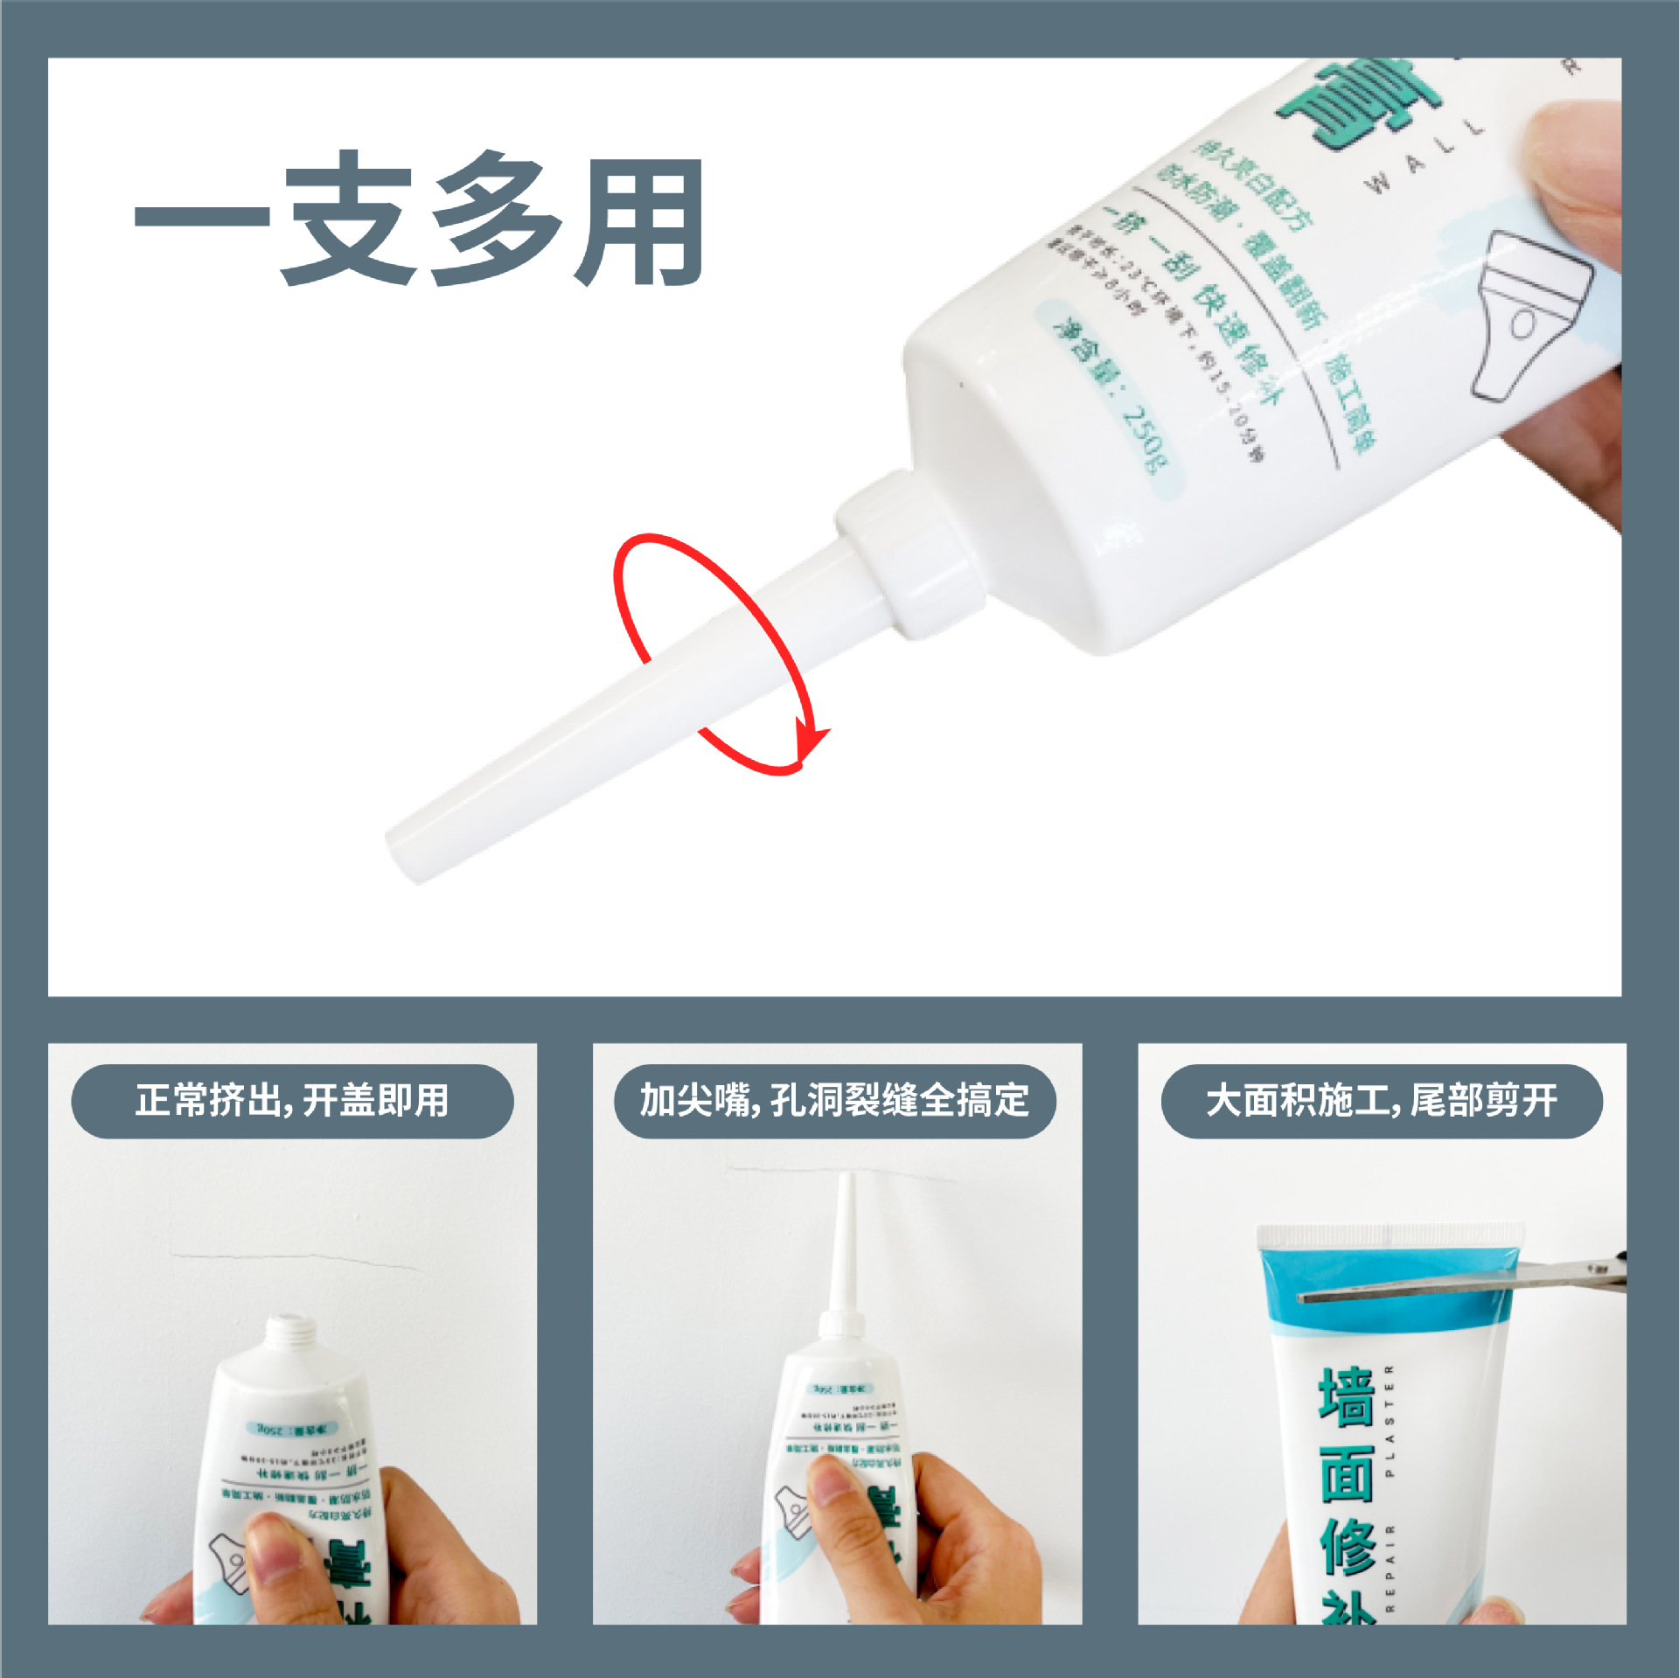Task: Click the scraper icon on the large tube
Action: coord(1530,315)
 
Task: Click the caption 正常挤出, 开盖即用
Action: coord(292,1101)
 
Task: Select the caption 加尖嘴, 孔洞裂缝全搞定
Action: coord(835,1101)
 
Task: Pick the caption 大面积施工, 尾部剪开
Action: coord(1382,1101)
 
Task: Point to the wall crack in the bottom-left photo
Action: coord(297,1259)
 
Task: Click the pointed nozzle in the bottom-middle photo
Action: coord(844,1242)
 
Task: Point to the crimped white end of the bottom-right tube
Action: coord(1390,1235)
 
